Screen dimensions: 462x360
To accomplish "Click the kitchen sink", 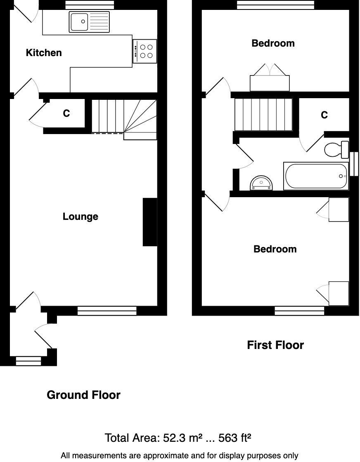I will (90, 22).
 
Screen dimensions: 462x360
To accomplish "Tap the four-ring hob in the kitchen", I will (145, 51).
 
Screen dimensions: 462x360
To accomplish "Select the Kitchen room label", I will (44, 53).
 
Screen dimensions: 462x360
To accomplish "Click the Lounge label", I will (81, 217).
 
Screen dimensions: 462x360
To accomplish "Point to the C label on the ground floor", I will (66, 113).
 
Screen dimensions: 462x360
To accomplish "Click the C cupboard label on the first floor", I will (324, 115).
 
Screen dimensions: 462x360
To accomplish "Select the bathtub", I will (317, 176).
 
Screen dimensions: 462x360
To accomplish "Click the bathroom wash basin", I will (262, 183).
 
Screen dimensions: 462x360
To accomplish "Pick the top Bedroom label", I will (273, 43).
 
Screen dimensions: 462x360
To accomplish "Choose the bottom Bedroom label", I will (275, 249).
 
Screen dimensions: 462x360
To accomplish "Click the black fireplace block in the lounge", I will (150, 222).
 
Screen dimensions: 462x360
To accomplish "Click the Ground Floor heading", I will (84, 395).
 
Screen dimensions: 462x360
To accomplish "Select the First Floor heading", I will (275, 345).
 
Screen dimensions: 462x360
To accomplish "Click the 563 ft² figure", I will (234, 438).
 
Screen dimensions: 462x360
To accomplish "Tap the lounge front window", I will (107, 311).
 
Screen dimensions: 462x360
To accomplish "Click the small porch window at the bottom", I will (28, 361).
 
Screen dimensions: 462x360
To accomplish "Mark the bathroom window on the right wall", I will (354, 164).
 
